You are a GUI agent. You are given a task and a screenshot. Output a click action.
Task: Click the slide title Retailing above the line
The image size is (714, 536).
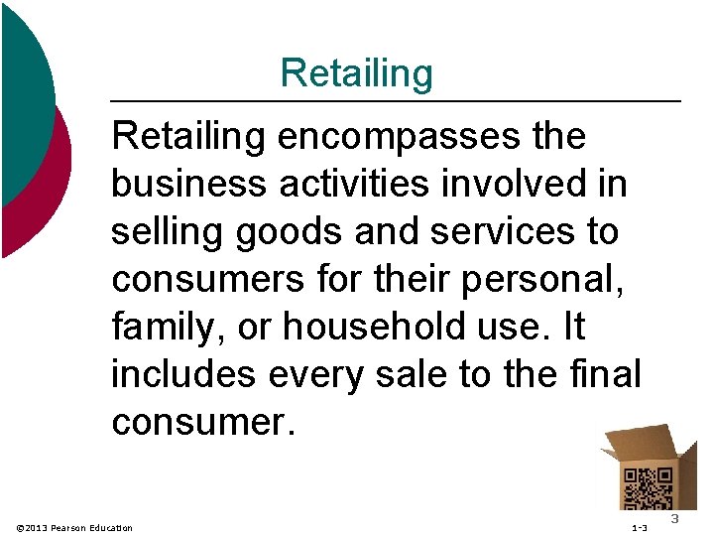point(356,73)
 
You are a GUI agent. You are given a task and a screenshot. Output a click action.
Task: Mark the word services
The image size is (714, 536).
point(510,231)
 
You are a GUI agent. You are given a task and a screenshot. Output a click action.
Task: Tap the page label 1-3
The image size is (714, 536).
point(639,527)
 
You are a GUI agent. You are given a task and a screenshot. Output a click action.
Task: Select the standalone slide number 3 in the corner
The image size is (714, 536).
point(674,520)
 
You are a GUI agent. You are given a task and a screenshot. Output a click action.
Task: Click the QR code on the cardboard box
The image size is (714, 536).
point(647,488)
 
